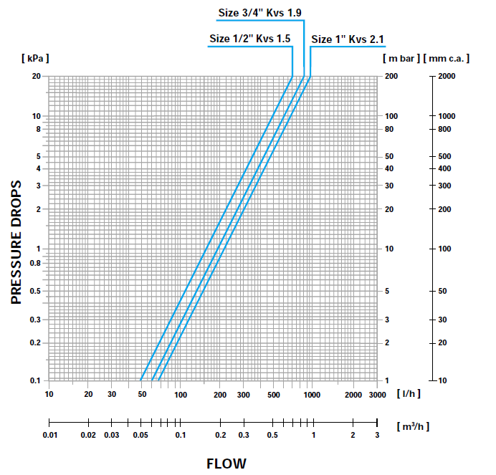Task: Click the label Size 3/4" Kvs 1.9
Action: (x=260, y=12)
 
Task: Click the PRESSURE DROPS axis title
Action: (x=17, y=242)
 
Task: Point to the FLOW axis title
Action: (x=226, y=463)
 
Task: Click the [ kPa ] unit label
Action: (x=35, y=57)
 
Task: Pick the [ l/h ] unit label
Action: (x=409, y=394)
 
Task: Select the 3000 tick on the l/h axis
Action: (x=378, y=394)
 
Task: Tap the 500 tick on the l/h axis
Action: (x=273, y=394)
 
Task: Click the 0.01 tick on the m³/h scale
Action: (x=49, y=435)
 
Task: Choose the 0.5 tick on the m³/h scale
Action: (x=273, y=435)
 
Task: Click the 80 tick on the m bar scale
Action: (x=391, y=130)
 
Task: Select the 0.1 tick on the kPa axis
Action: (x=34, y=380)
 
